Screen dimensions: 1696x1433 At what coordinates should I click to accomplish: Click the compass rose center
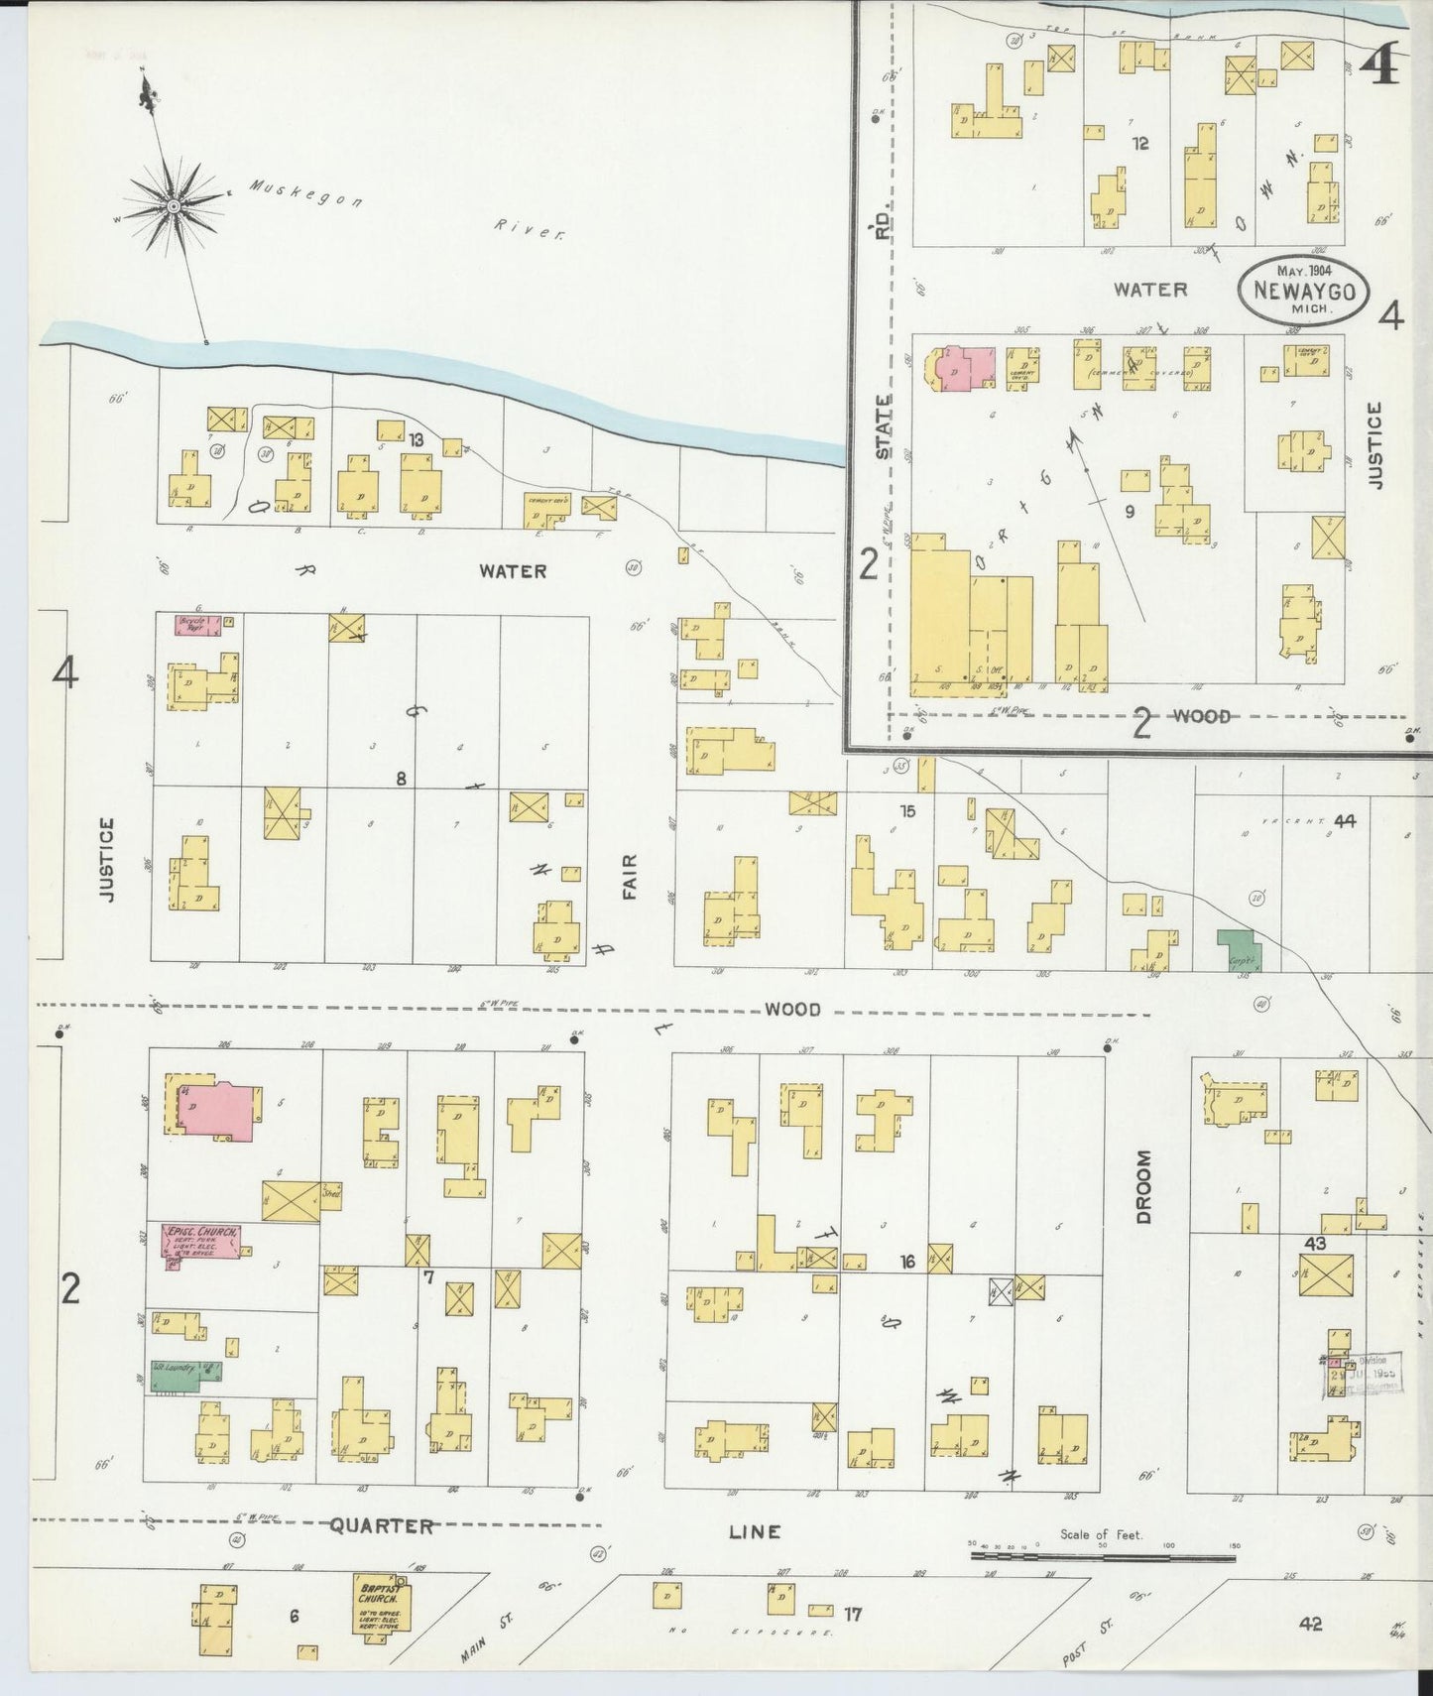tap(174, 205)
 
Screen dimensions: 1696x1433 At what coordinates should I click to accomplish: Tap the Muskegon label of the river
tap(304, 193)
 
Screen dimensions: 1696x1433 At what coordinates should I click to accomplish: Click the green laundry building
tap(184, 1372)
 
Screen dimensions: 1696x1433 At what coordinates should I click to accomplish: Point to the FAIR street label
tap(630, 877)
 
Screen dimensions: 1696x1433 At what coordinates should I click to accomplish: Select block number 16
tap(907, 1262)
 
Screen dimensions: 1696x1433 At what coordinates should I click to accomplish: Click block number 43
tap(1316, 1243)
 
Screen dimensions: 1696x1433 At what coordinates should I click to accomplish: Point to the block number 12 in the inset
tap(1140, 143)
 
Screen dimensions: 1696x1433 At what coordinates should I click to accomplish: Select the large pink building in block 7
tap(217, 1112)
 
